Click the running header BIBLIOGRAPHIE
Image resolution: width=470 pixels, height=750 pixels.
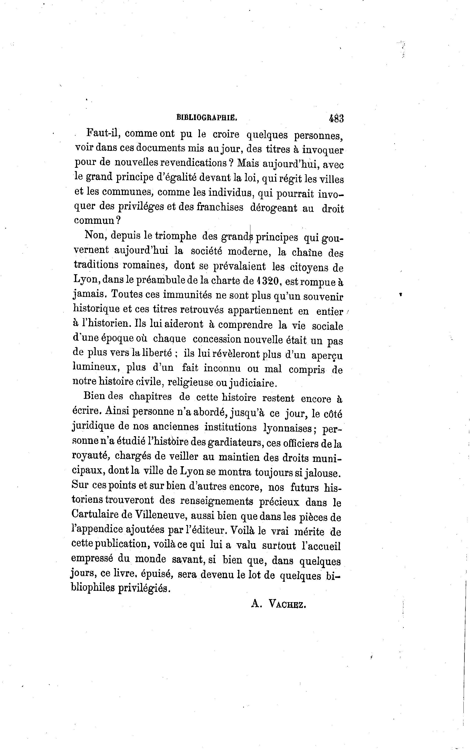[x=207, y=118]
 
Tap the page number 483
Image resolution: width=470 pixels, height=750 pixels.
[x=335, y=118]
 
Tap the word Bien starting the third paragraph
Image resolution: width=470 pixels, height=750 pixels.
[x=94, y=396]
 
